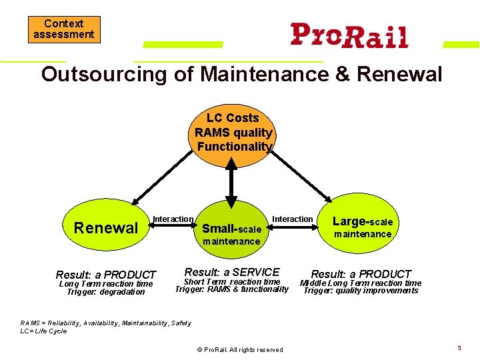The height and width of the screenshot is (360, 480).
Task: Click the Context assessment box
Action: click(64, 29)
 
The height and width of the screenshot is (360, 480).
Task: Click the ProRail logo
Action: click(349, 35)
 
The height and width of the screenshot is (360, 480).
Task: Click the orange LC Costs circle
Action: click(233, 132)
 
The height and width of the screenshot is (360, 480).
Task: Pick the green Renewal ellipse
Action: click(106, 227)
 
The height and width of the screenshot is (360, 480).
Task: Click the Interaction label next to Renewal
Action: click(173, 219)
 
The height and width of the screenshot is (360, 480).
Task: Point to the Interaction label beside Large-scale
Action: click(293, 219)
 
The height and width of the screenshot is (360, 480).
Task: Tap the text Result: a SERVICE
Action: click(232, 272)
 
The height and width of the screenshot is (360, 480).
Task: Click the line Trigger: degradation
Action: click(106, 292)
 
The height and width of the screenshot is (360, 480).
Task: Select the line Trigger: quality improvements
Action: click(361, 291)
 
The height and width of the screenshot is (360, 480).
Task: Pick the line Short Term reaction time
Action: click(232, 282)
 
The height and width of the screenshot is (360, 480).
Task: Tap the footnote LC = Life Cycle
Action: click(44, 331)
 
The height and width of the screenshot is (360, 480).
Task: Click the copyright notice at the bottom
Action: click(240, 350)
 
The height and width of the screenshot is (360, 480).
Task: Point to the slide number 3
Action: click(459, 348)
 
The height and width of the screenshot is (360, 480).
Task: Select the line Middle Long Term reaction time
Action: click(361, 283)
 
